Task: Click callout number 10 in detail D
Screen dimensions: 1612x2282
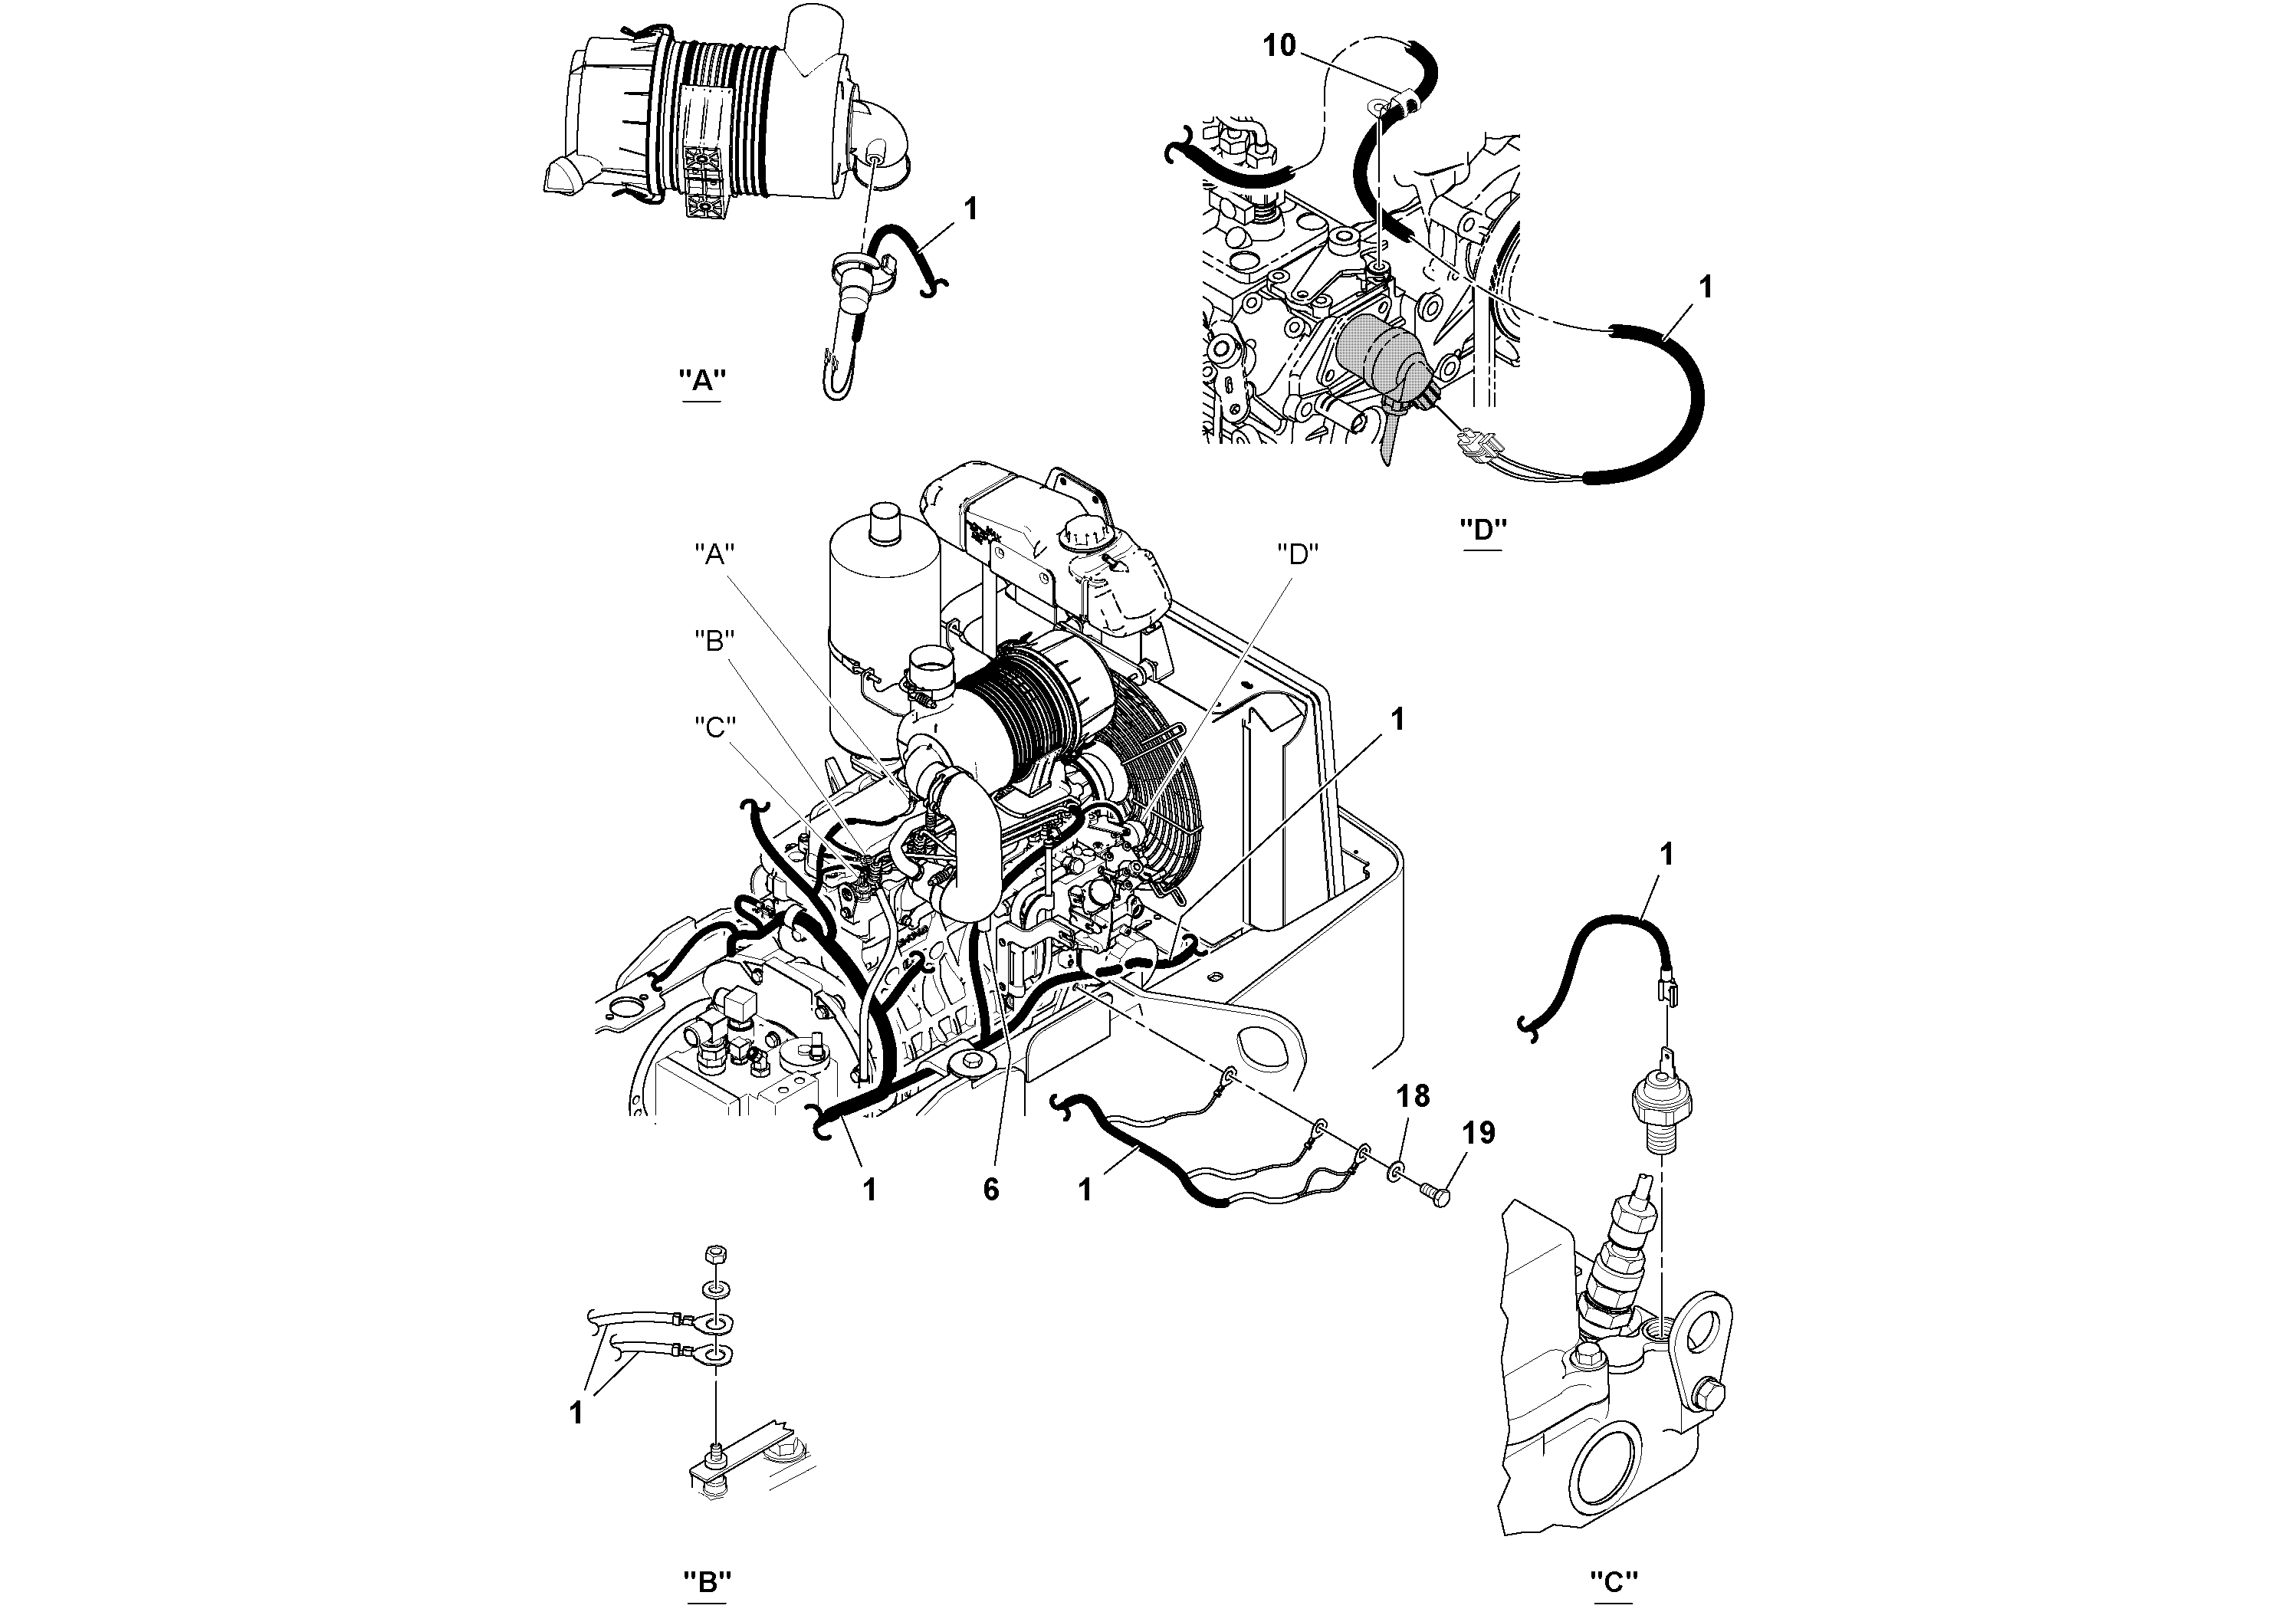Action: click(1279, 46)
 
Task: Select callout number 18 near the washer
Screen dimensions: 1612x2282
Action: click(1412, 1096)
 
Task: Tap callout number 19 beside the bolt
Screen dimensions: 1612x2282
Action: click(1478, 1132)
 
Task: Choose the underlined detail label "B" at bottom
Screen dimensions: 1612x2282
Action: click(708, 1581)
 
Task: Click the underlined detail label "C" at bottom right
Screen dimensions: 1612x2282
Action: click(1614, 1581)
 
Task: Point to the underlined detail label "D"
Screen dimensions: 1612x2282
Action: click(1483, 529)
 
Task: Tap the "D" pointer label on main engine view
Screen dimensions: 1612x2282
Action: click(1296, 554)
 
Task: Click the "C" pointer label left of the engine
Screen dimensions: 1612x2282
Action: click(714, 727)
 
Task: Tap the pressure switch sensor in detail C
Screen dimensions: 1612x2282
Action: click(1662, 1106)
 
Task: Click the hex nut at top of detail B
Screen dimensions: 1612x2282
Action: click(714, 1253)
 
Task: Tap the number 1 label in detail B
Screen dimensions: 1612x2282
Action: click(576, 1412)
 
